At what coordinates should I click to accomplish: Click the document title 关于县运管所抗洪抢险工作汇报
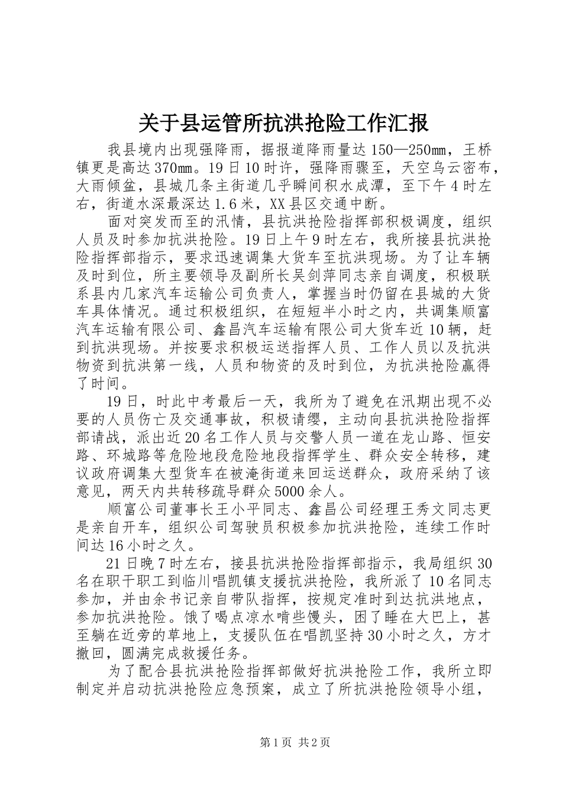pos(281,124)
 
